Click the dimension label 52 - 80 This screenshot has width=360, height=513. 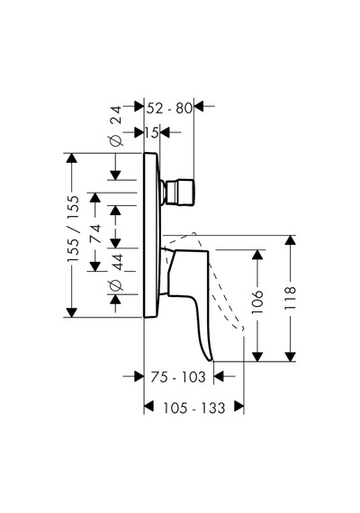pyautogui.click(x=169, y=108)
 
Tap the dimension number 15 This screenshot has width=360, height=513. pyautogui.click(x=152, y=132)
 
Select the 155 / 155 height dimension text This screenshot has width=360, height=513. pyautogui.click(x=73, y=229)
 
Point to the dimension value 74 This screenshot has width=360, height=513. pyautogui.click(x=95, y=233)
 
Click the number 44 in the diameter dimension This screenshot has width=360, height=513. pyautogui.click(x=118, y=262)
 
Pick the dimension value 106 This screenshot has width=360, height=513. pyautogui.click(x=257, y=301)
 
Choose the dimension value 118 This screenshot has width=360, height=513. pyautogui.click(x=291, y=298)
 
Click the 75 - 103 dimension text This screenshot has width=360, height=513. pyautogui.click(x=178, y=377)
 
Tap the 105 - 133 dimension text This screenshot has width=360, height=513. pyautogui.click(x=194, y=408)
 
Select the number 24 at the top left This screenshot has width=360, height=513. pyautogui.click(x=116, y=114)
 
